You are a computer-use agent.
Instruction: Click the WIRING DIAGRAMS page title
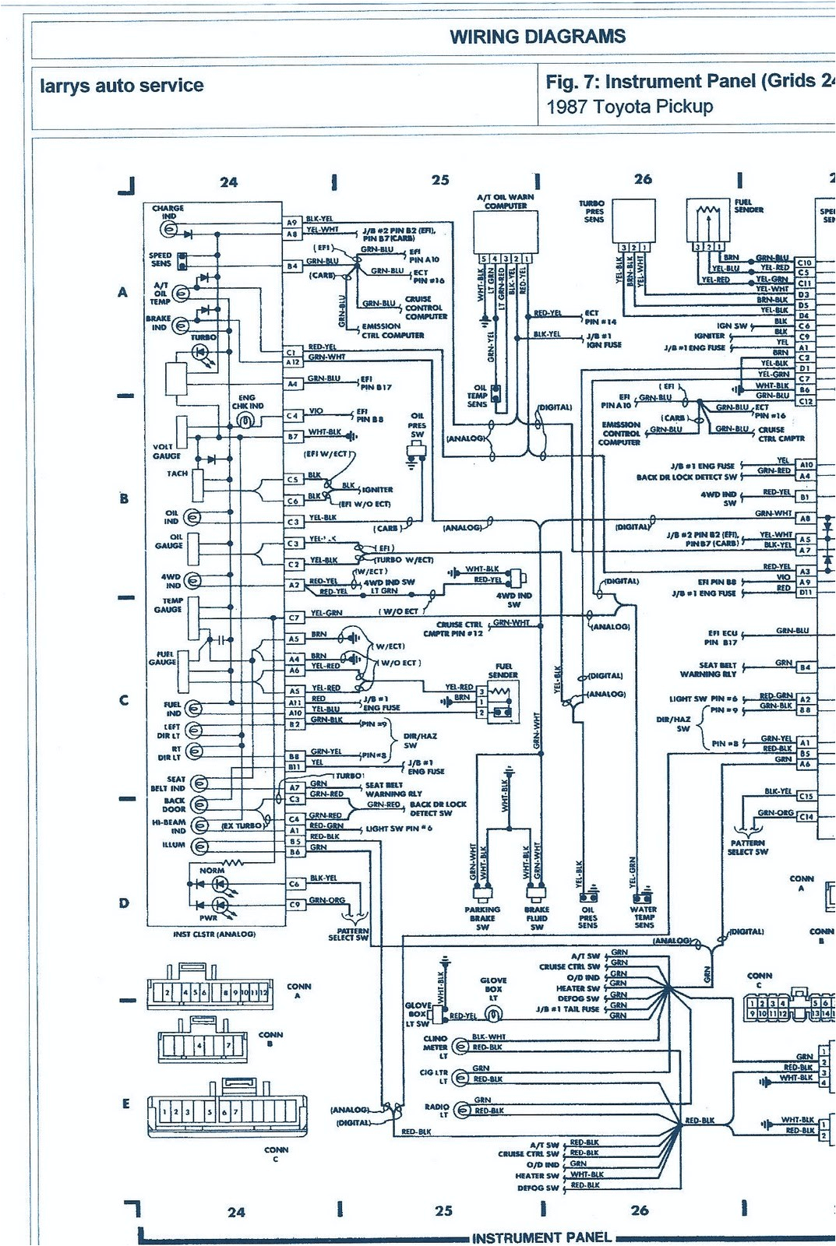point(538,37)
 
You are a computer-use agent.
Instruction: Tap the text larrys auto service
point(122,86)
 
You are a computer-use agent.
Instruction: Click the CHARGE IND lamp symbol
point(168,230)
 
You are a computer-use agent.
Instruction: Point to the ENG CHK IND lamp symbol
point(245,421)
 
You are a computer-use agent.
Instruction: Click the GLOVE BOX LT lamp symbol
point(492,1014)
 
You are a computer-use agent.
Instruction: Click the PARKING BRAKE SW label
point(482,918)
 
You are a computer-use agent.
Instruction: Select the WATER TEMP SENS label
point(644,917)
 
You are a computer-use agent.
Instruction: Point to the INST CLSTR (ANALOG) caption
point(213,934)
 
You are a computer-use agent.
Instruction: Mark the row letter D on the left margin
point(123,903)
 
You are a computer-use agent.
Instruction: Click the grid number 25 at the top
point(440,180)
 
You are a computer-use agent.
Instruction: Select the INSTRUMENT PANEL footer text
point(542,1237)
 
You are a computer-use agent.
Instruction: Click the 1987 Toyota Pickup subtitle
point(630,107)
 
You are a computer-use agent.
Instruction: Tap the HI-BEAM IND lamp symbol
point(199,825)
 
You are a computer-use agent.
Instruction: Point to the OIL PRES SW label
point(418,425)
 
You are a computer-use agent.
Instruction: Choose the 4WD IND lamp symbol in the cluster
point(192,580)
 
